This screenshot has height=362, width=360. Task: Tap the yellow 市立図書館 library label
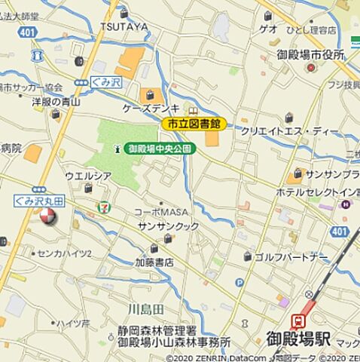[194, 123]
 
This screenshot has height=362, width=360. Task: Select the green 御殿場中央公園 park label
[160, 149]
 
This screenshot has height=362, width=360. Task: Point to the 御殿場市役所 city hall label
[310, 54]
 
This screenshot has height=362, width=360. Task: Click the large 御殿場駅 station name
[297, 340]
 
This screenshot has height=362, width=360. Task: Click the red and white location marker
[47, 218]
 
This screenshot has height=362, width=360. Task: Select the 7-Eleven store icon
[102, 204]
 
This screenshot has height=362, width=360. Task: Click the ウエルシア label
[88, 176]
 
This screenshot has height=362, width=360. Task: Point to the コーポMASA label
[161, 211]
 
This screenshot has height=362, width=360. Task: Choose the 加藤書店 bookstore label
[154, 262]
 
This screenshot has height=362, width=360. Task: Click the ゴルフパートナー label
[292, 257]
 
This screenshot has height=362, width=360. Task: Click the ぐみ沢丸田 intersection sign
[38, 201]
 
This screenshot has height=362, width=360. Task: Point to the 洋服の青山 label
[55, 100]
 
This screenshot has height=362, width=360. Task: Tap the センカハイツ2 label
[64, 253]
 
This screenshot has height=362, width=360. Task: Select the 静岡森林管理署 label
[157, 330]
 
